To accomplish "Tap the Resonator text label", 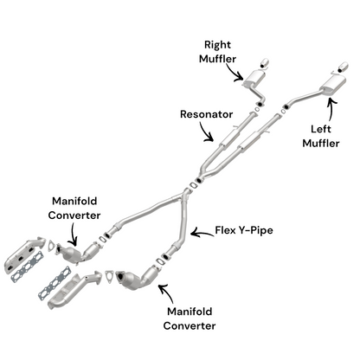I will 206,113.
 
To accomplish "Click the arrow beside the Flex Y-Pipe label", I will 201,231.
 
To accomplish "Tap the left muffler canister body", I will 330,84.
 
